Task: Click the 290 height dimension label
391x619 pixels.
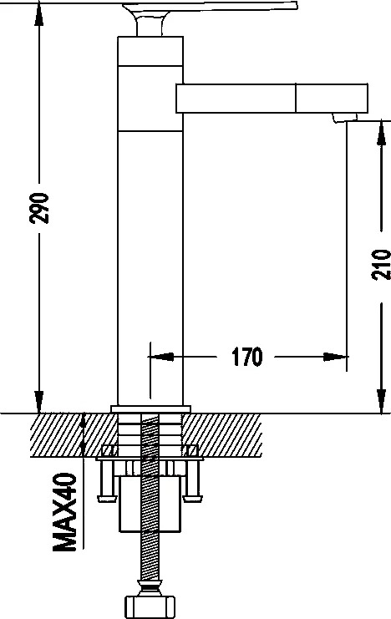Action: (x=39, y=208)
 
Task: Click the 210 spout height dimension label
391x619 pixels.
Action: (x=381, y=265)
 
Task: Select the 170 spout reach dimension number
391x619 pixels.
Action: (x=246, y=357)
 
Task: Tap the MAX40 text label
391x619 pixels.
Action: (x=64, y=512)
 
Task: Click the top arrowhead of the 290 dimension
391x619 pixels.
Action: (x=38, y=14)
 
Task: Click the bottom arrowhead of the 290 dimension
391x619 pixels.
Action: (x=38, y=402)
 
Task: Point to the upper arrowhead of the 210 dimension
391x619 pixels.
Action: (x=381, y=134)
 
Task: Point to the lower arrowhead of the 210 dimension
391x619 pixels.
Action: (x=381, y=402)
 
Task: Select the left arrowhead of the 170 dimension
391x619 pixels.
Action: (x=161, y=357)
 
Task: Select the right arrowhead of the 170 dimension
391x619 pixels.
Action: (x=335, y=357)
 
